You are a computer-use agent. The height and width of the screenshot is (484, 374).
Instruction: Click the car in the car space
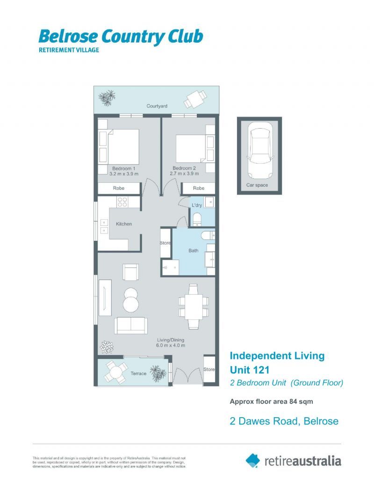pos(259,151)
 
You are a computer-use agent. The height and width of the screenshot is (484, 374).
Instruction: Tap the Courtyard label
pos(157,107)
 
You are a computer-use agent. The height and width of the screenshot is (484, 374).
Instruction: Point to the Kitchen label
pos(124,224)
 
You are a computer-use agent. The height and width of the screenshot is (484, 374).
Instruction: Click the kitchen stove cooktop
pos(122,202)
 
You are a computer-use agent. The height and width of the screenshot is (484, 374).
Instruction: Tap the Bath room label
pos(194,251)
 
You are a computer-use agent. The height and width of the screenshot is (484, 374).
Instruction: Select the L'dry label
pos(197,205)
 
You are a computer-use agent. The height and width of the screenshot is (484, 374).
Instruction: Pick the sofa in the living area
pos(131,325)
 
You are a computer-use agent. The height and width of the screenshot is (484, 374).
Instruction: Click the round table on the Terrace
pos(115,373)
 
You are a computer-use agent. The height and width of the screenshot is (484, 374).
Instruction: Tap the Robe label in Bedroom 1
pos(119,188)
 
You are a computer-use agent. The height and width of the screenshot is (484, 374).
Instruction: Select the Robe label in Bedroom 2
pos(199,188)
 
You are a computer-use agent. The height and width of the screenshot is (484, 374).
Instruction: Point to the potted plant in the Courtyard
pos(108,97)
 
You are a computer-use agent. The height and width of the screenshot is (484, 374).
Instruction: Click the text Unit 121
pos(250,370)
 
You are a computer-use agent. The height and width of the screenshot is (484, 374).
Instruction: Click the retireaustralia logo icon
pos(253,460)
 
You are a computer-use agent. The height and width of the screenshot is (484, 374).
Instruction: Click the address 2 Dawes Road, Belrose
pos(284,421)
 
